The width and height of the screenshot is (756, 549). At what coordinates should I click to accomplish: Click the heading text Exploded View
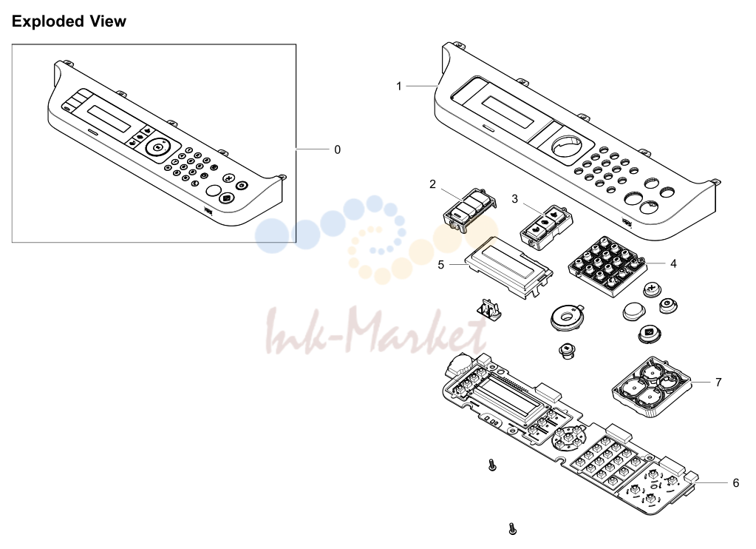pyautogui.click(x=69, y=21)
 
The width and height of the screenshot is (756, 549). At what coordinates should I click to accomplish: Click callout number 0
pyautogui.click(x=338, y=149)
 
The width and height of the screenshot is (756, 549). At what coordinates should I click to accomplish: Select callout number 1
pyautogui.click(x=399, y=86)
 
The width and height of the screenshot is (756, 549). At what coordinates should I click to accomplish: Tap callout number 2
pyautogui.click(x=432, y=184)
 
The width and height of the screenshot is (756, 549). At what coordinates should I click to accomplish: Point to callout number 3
pyautogui.click(x=514, y=199)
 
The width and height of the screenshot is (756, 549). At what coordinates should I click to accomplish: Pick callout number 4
pyautogui.click(x=673, y=263)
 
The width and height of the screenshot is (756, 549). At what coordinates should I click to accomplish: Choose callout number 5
pyautogui.click(x=440, y=265)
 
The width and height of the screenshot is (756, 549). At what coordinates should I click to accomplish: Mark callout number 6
pyautogui.click(x=736, y=483)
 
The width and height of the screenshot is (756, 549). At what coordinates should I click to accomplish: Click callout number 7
pyautogui.click(x=718, y=383)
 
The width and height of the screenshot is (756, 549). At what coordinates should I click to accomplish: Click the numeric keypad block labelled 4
pyautogui.click(x=607, y=266)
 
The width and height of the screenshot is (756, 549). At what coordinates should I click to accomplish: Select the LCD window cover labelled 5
pyautogui.click(x=508, y=268)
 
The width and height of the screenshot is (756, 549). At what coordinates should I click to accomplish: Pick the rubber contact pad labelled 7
pyautogui.click(x=651, y=387)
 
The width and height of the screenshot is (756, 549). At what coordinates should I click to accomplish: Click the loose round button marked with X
pyautogui.click(x=652, y=291)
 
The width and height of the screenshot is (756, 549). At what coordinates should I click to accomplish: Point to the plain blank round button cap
pyautogui.click(x=632, y=311)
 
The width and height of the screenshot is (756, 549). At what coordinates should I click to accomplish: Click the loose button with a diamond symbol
pyautogui.click(x=649, y=334)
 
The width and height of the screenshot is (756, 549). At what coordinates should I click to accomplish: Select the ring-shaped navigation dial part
pyautogui.click(x=568, y=317)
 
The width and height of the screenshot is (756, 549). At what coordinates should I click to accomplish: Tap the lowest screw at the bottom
pyautogui.click(x=513, y=529)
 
